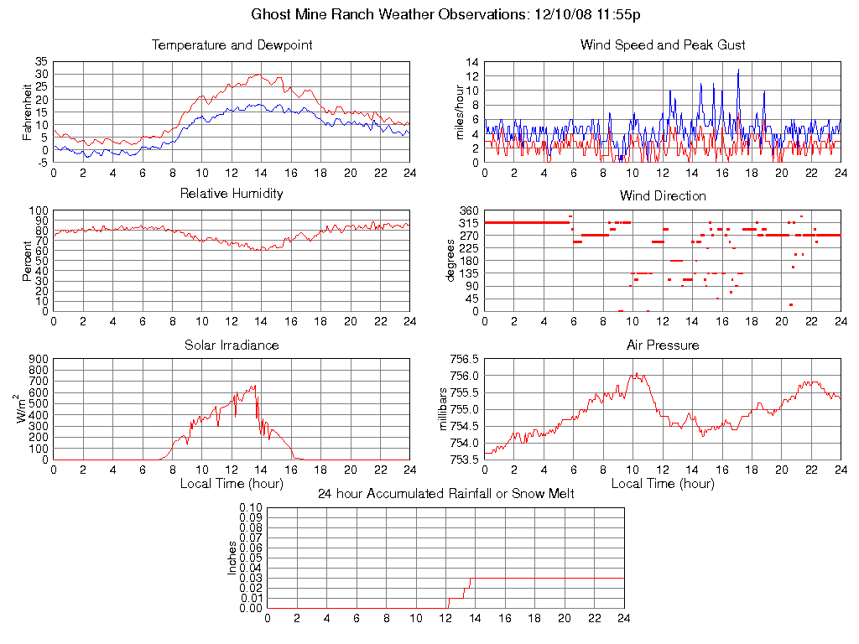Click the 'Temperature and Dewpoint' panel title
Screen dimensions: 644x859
pos(232,45)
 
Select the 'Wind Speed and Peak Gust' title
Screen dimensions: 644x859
pos(663,45)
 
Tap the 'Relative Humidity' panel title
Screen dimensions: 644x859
pos(232,194)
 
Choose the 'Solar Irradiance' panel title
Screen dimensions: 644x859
pos(232,345)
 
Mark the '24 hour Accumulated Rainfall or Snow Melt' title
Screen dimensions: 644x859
pos(445,494)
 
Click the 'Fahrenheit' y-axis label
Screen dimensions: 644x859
pos(27,112)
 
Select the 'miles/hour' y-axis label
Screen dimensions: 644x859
pos(459,112)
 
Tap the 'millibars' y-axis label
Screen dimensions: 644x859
pos(445,409)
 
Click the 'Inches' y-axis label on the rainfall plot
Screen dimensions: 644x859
pos(232,558)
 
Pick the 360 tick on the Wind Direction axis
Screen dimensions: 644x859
pos(468,210)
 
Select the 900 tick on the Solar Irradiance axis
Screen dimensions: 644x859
pos(39,360)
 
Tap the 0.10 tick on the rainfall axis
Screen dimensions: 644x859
pos(252,508)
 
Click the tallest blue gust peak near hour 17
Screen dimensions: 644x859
pos(738,70)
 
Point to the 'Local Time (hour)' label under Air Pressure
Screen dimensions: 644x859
pos(663,484)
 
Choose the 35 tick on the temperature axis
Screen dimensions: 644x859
pos(42,62)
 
